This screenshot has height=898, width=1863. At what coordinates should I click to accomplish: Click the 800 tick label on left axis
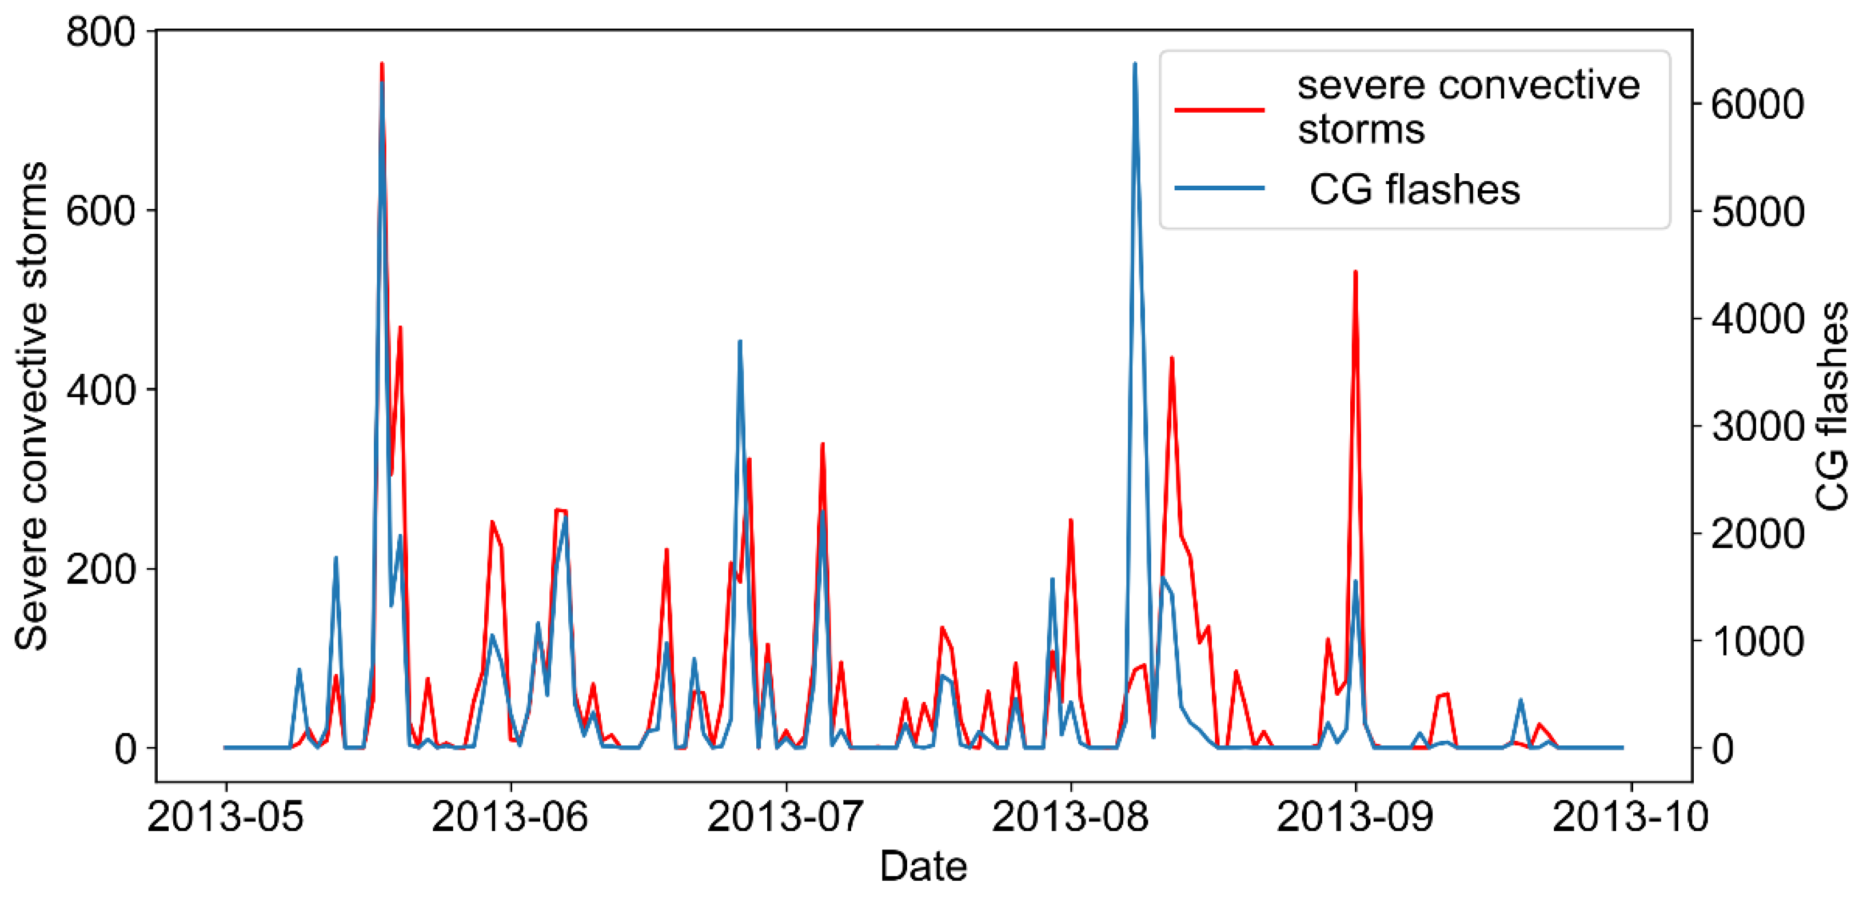pos(101,33)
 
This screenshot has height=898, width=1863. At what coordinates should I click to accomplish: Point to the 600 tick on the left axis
pos(101,211)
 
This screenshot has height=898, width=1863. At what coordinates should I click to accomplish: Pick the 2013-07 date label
pos(785,817)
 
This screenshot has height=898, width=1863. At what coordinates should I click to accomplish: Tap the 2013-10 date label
pos(1630,817)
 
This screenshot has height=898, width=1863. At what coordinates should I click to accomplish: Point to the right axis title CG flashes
pos(1833,406)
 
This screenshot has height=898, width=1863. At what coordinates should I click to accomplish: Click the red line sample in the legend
pos(1219,110)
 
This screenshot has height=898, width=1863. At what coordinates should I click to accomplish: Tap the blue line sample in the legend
pos(1219,188)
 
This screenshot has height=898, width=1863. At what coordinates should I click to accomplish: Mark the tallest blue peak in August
pos(1134,65)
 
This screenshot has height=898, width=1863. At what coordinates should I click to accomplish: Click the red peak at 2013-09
pos(1355,273)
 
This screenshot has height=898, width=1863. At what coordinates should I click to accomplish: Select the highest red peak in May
pos(381,65)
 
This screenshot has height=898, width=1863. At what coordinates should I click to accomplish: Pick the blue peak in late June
pos(739,341)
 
